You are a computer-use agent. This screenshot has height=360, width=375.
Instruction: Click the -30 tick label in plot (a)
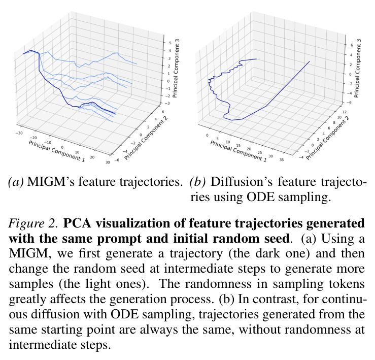pyautogui.click(x=19, y=133)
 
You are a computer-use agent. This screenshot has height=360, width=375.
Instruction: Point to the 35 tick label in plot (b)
pyautogui.click(x=282, y=159)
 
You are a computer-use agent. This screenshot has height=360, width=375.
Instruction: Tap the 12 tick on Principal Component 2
pyautogui.click(x=344, y=112)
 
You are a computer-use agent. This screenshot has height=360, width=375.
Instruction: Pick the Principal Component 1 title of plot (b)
pyautogui.click(x=238, y=151)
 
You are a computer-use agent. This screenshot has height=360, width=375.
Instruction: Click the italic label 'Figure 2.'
pyautogui.click(x=33, y=223)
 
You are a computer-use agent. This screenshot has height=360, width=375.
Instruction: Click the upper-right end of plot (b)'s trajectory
pyautogui.click(x=310, y=61)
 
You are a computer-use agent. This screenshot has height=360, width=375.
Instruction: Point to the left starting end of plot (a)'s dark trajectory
pyautogui.click(x=23, y=54)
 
